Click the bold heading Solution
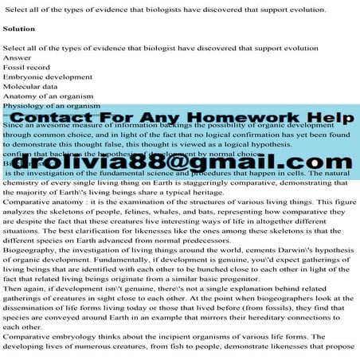(x=19, y=28)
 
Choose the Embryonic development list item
(x=47, y=77)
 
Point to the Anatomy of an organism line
(x=48, y=96)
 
